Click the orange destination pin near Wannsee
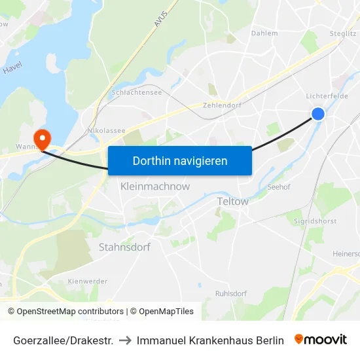[x=43, y=139]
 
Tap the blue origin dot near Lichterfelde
[x=317, y=114]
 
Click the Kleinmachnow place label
[x=155, y=187]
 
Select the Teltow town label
[x=232, y=202]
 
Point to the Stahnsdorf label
[x=124, y=247]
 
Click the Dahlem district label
[x=264, y=33]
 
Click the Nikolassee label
[x=106, y=130]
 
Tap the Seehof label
[x=279, y=187]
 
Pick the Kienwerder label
[x=87, y=281]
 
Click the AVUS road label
[x=161, y=18]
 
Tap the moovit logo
[x=321, y=340]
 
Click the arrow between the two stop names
[x=125, y=340]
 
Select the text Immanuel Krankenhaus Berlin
[x=210, y=340]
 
